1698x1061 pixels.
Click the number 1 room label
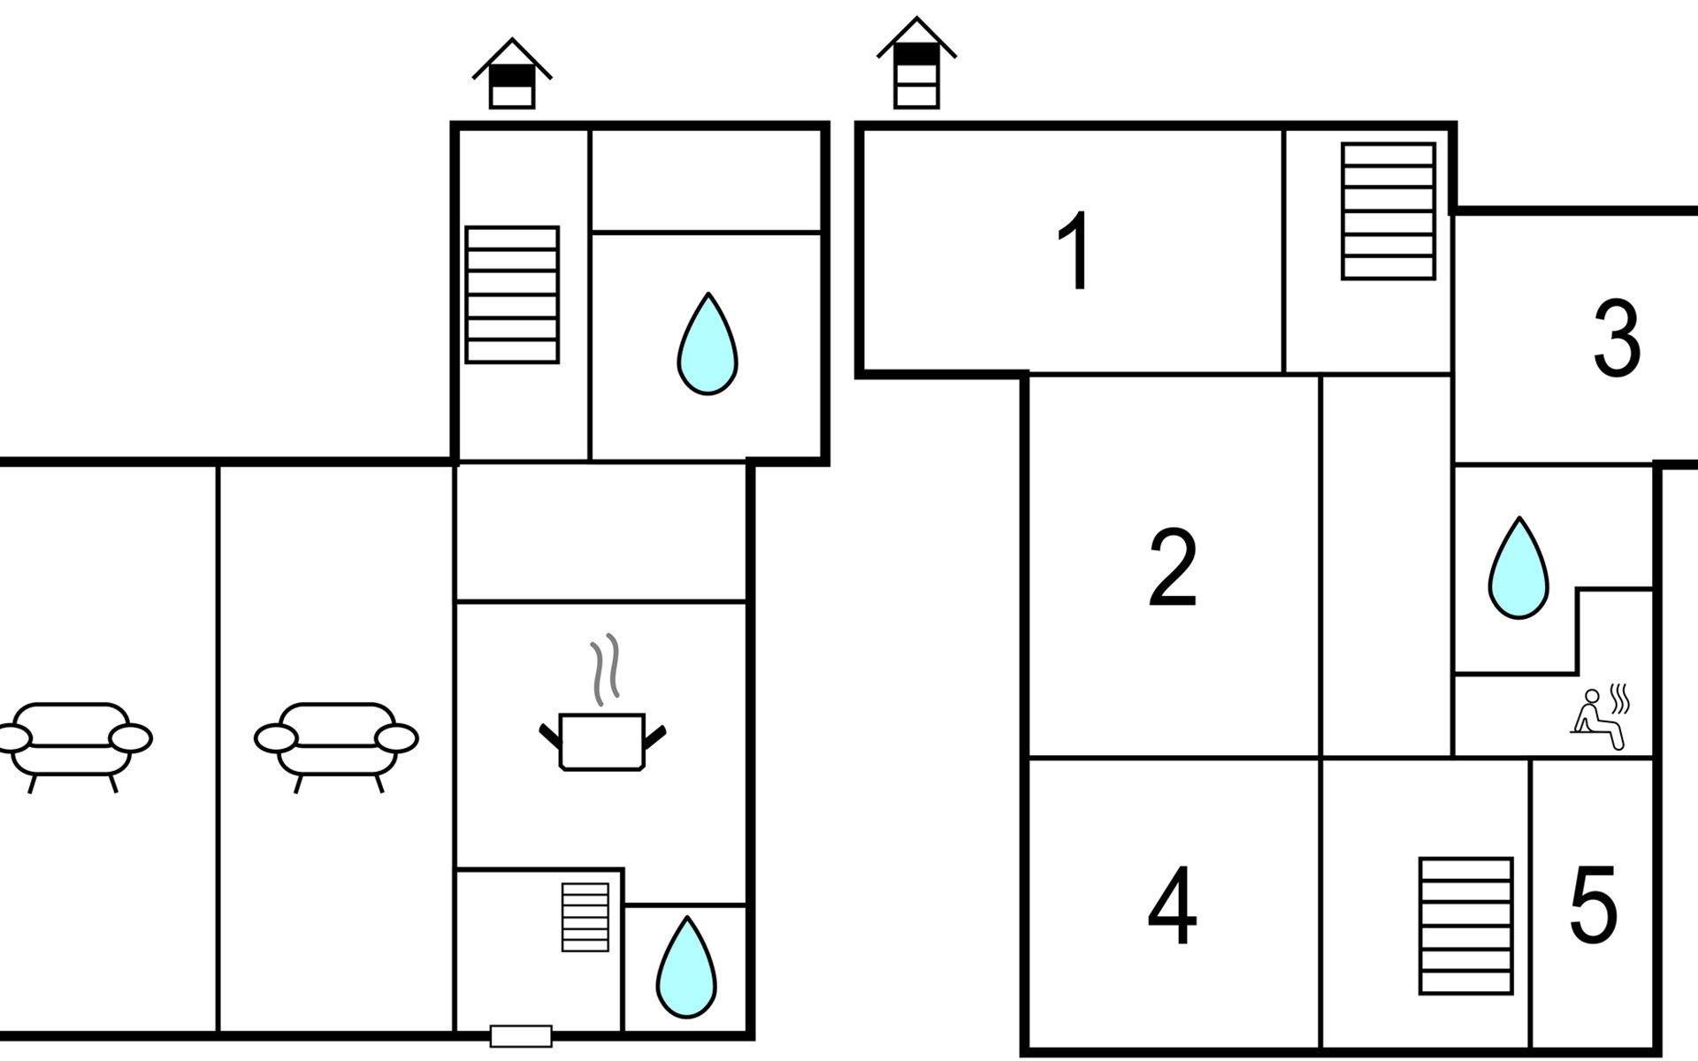pyautogui.click(x=1075, y=251)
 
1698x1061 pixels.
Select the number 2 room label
pyautogui.click(x=1173, y=568)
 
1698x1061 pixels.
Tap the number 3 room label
pyautogui.click(x=1617, y=339)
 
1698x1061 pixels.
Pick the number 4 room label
pyautogui.click(x=1173, y=905)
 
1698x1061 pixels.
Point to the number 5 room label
pyautogui.click(x=1594, y=905)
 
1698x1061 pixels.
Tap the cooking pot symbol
pyautogui.click(x=602, y=741)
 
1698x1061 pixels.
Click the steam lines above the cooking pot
pyautogui.click(x=604, y=669)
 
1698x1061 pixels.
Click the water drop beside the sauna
pyautogui.click(x=1518, y=568)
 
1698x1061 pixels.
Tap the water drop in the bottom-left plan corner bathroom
pyautogui.click(x=686, y=966)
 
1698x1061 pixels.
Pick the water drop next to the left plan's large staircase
pyautogui.click(x=707, y=343)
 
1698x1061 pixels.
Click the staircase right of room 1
pyautogui.click(x=1388, y=211)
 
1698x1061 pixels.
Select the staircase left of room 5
pyautogui.click(x=1465, y=926)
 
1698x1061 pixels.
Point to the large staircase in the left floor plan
pyautogui.click(x=512, y=294)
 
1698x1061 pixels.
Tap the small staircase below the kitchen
pyautogui.click(x=585, y=917)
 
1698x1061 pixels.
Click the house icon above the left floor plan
pyautogui.click(x=512, y=73)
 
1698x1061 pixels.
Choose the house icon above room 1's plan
pyautogui.click(x=916, y=63)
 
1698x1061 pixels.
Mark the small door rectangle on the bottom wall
pyautogui.click(x=521, y=1036)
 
